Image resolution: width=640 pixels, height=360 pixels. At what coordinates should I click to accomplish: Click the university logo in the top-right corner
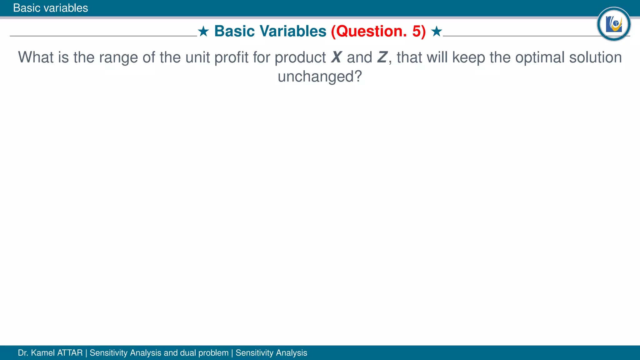(613, 24)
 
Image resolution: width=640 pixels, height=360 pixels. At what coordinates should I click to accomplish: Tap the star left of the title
(203, 31)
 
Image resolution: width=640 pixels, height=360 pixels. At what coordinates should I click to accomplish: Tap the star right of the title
(436, 31)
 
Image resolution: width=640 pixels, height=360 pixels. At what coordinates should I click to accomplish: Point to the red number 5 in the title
(417, 31)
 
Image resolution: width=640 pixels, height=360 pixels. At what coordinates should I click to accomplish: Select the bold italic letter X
(336, 57)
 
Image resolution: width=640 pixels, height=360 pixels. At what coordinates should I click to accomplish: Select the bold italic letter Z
(382, 57)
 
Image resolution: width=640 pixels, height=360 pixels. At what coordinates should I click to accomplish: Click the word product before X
(300, 58)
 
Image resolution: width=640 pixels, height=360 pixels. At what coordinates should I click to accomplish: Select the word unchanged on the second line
(319, 77)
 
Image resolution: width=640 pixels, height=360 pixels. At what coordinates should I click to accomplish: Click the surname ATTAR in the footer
(70, 353)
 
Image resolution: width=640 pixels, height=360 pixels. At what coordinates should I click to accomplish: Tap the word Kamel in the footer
(43, 353)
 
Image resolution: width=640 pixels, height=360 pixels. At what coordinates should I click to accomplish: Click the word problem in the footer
(213, 353)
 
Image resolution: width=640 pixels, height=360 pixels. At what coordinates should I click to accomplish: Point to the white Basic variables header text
(51, 8)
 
